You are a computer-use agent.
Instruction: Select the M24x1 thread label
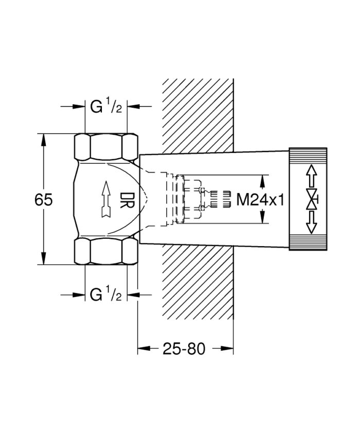pos(260,199)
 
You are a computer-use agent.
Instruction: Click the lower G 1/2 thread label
pos(106,294)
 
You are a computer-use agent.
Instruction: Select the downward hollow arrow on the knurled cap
pos(311,222)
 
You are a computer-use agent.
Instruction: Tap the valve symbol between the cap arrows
pos(312,199)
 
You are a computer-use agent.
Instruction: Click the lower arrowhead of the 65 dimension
pos(43,259)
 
